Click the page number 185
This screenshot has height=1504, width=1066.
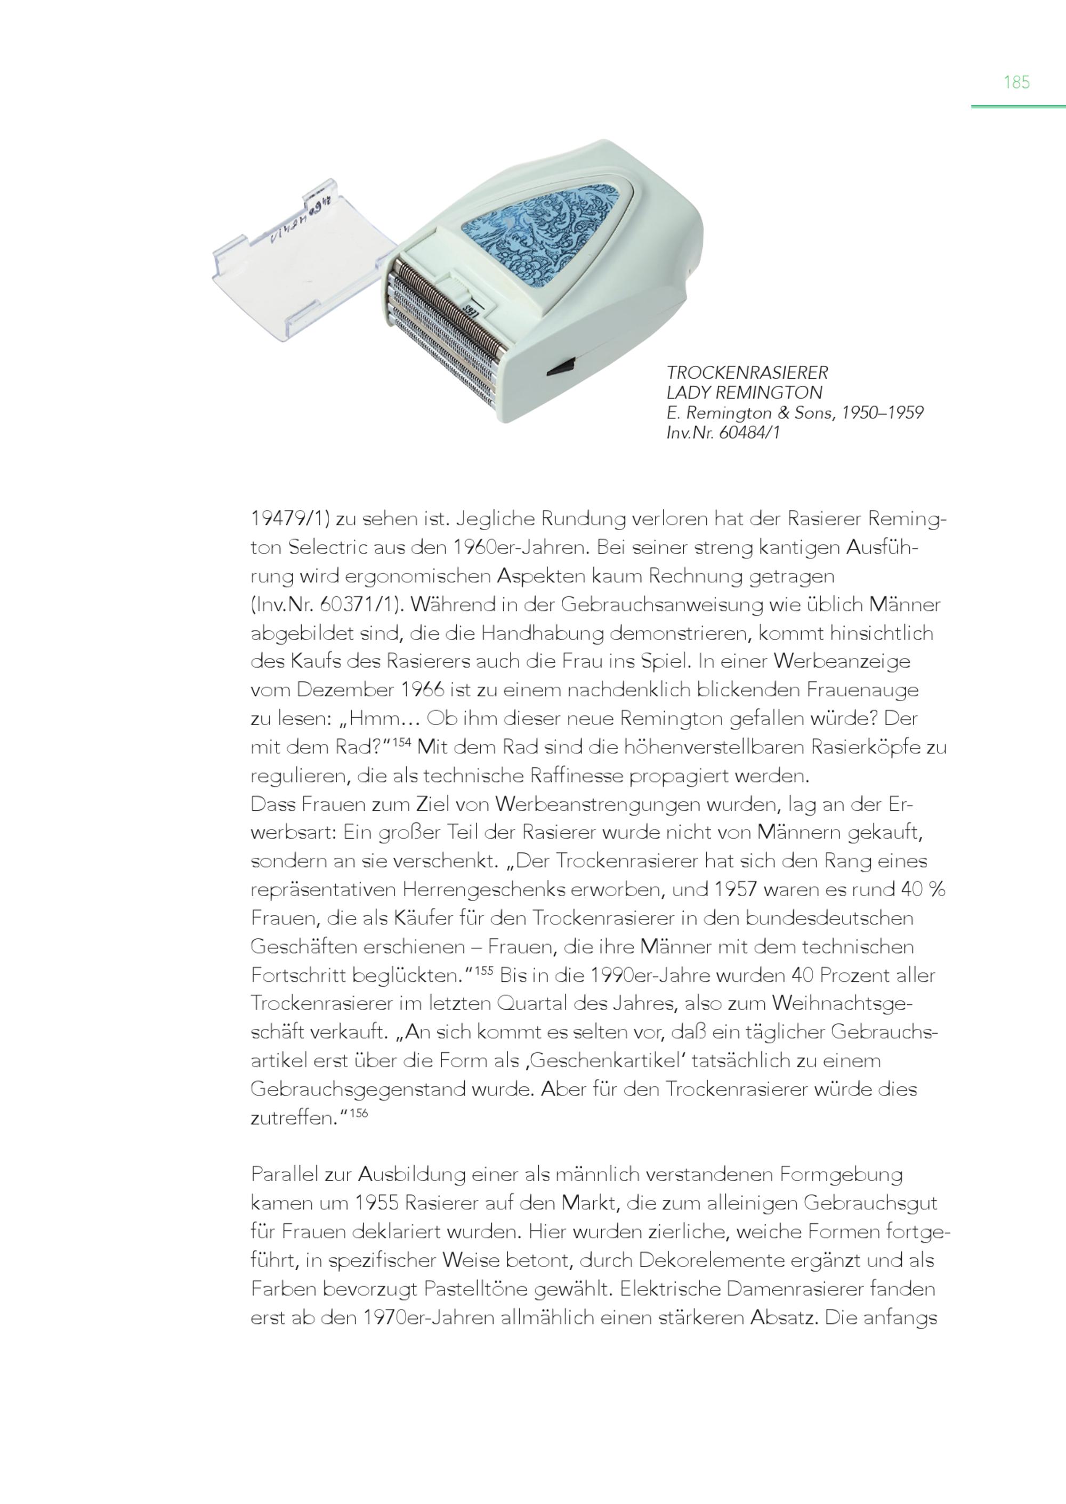pyautogui.click(x=1016, y=82)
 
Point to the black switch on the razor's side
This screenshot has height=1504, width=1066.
pyautogui.click(x=561, y=368)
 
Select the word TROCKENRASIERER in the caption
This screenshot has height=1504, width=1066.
pyautogui.click(x=747, y=373)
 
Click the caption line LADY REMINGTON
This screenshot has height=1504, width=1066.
pyautogui.click(x=744, y=393)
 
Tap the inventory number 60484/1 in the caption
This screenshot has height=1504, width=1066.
pyautogui.click(x=749, y=433)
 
